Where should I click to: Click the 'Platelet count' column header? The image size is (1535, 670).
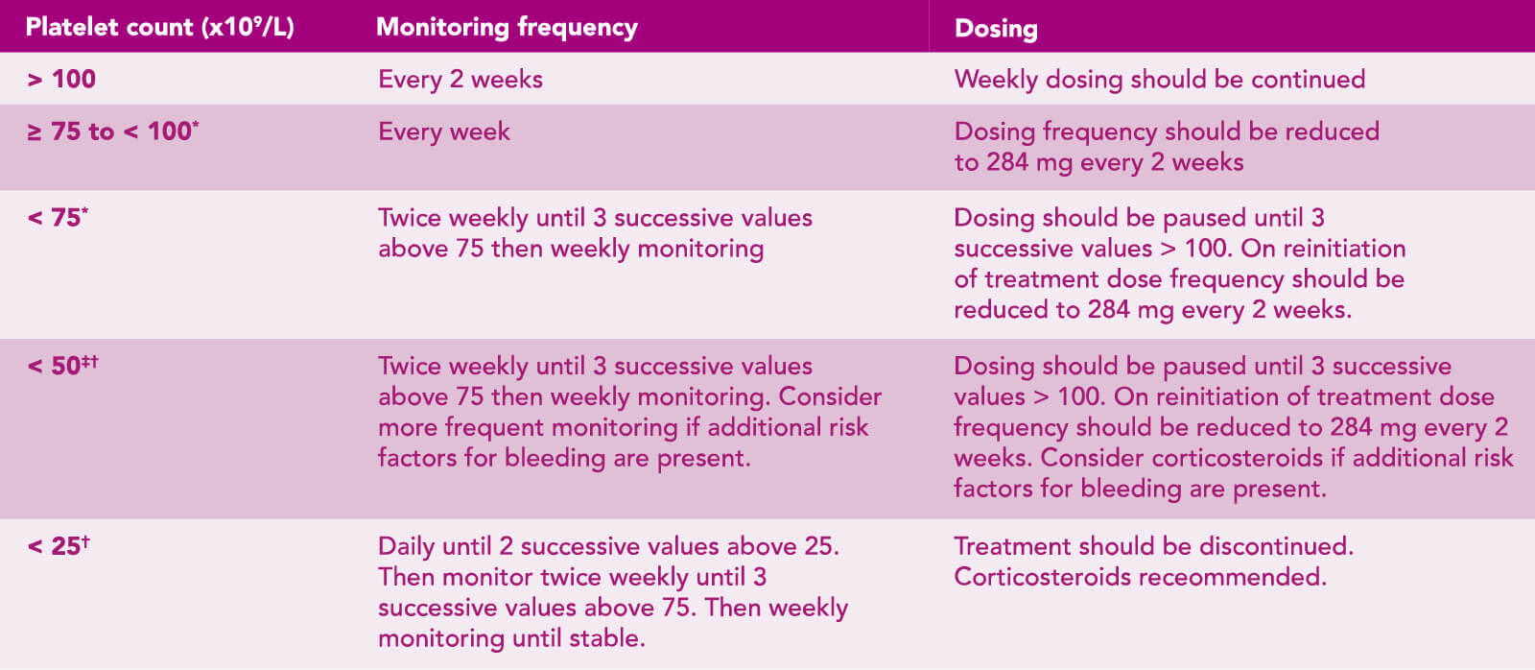pyautogui.click(x=159, y=28)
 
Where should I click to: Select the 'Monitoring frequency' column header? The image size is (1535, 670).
pyautogui.click(x=508, y=28)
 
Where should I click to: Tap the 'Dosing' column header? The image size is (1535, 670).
pyautogui.click(x=996, y=29)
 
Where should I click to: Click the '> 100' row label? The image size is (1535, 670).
pyautogui.click(x=61, y=80)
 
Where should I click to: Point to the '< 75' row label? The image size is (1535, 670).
pyautogui.click(x=58, y=217)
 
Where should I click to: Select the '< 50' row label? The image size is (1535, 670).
pyautogui.click(x=62, y=365)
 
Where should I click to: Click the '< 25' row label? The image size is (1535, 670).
pyautogui.click(x=59, y=545)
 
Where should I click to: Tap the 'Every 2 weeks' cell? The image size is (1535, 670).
pyautogui.click(x=460, y=80)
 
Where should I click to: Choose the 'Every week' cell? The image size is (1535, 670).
pyautogui.click(x=444, y=131)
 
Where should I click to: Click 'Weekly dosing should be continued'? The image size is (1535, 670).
pyautogui.click(x=1160, y=80)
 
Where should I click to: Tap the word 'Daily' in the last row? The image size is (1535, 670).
pyautogui.click(x=406, y=546)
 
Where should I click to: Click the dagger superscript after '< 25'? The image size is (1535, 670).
pyautogui.click(x=85, y=541)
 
